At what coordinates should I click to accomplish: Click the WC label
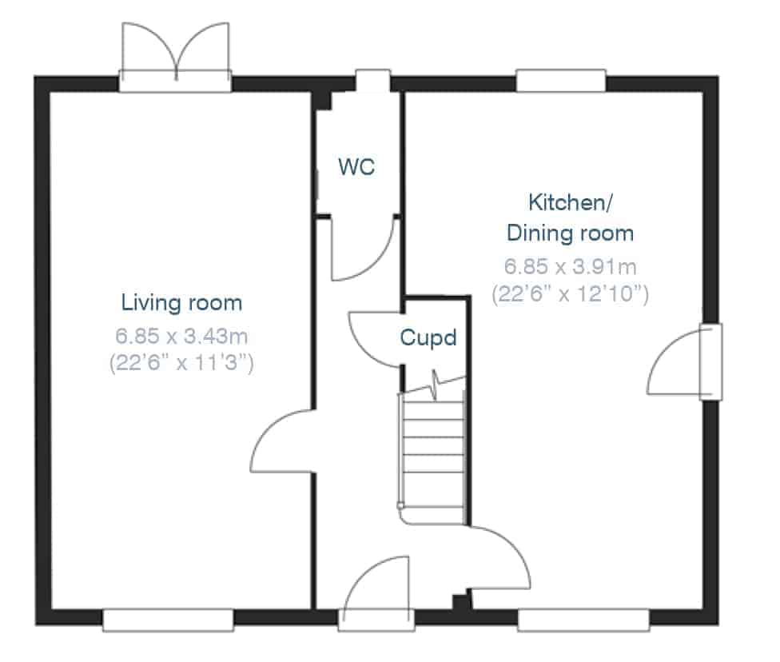tap(356, 166)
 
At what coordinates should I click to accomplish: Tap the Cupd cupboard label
tap(428, 338)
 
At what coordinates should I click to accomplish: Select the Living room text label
tap(181, 303)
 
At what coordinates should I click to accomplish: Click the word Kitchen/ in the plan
tap(570, 202)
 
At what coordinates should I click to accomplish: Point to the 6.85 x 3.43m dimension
tap(181, 336)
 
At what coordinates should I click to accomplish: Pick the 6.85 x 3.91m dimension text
tap(570, 266)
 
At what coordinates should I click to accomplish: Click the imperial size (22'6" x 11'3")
tap(181, 362)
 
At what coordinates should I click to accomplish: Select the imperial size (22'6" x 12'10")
tap(570, 293)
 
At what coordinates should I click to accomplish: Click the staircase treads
tap(433, 456)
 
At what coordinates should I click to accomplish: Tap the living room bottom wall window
tap(168, 620)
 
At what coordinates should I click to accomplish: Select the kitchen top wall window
tap(561, 81)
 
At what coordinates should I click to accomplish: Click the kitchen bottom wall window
tap(583, 620)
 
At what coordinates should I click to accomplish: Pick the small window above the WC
tap(372, 80)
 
